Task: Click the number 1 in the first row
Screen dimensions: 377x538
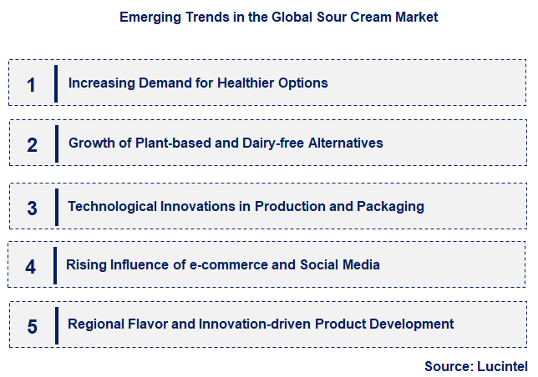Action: pos(32,84)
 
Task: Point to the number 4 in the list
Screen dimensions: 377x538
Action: pos(31,267)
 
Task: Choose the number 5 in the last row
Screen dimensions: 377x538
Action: pos(32,326)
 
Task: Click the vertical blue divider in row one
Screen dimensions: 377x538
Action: pos(55,83)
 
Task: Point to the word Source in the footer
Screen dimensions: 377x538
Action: pos(449,366)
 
